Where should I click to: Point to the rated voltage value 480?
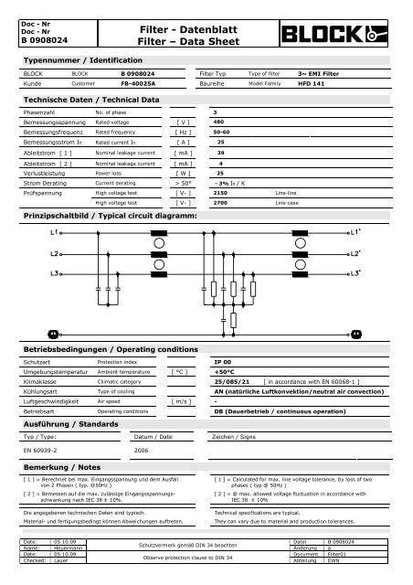pos(218,122)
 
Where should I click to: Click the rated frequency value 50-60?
pos(221,132)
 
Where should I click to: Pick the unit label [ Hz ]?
pos(182,132)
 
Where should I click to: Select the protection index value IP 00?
pos(222,363)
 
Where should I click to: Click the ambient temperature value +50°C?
pos(224,373)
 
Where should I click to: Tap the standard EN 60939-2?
pos(41,451)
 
